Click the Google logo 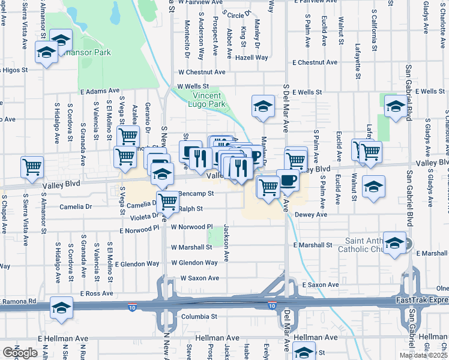coord(19,353)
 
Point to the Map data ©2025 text coord(423,355)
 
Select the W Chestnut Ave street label coord(200,72)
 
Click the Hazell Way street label coord(252,58)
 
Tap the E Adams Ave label coord(100,92)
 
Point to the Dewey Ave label coord(310,214)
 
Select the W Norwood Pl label coord(192,227)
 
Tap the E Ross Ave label coord(97,294)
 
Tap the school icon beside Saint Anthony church coord(395,244)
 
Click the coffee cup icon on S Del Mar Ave coord(288,180)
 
